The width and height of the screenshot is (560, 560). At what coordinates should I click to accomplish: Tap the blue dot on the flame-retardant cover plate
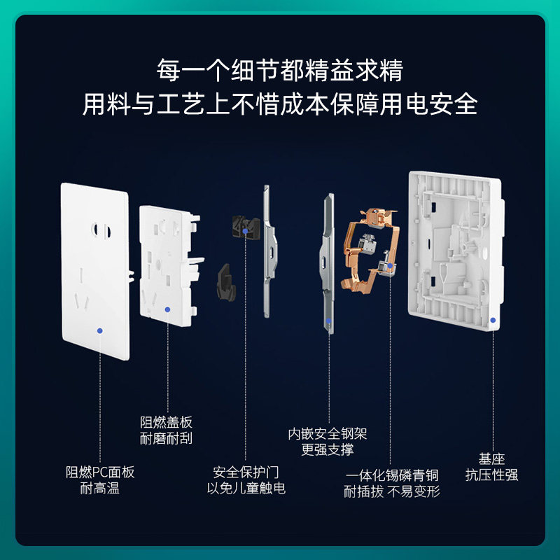click(167, 309)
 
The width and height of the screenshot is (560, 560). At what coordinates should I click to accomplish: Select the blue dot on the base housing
click(493, 319)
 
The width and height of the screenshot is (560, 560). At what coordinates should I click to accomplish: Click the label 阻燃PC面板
click(100, 472)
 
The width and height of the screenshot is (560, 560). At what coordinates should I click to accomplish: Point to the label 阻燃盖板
click(167, 422)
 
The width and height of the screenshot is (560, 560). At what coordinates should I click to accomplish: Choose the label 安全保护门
click(246, 472)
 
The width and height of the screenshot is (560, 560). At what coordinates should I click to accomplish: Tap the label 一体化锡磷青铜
click(392, 475)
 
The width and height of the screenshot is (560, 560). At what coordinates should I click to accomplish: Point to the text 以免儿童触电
click(246, 488)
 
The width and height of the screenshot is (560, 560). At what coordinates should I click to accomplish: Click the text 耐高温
click(100, 488)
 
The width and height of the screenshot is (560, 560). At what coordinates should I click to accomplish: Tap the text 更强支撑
click(328, 450)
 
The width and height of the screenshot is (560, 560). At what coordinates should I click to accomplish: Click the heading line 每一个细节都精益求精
click(280, 71)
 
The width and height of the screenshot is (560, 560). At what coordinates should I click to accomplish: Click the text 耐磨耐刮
click(167, 438)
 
